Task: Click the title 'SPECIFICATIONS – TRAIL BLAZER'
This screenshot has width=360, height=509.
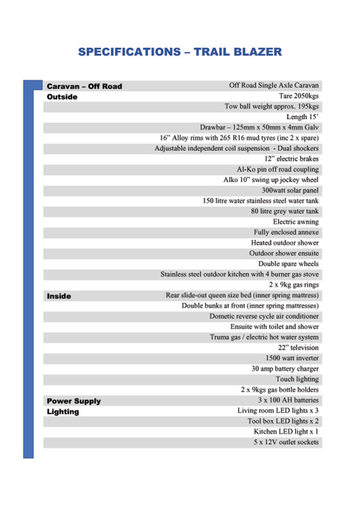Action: tap(180, 52)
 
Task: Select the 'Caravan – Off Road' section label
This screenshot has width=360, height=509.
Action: tap(84, 86)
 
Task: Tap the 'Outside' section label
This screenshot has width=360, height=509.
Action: tap(62, 97)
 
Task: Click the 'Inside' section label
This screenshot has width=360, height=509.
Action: tap(59, 296)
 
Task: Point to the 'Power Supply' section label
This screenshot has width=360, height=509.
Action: tap(74, 401)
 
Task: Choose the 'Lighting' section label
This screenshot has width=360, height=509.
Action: tap(63, 411)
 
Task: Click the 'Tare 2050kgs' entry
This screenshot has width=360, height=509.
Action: tap(299, 96)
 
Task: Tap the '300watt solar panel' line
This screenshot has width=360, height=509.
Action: tap(290, 190)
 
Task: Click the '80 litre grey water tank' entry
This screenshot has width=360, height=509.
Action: tap(284, 211)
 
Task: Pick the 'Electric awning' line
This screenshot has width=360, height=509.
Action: tap(296, 222)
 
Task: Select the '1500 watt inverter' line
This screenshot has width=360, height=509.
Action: tap(292, 358)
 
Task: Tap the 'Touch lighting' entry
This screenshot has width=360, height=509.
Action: tap(297, 379)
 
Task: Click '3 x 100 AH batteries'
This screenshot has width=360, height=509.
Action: tap(286, 400)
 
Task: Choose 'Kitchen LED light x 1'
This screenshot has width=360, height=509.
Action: tap(286, 432)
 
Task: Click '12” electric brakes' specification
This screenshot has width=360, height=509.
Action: tap(292, 159)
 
